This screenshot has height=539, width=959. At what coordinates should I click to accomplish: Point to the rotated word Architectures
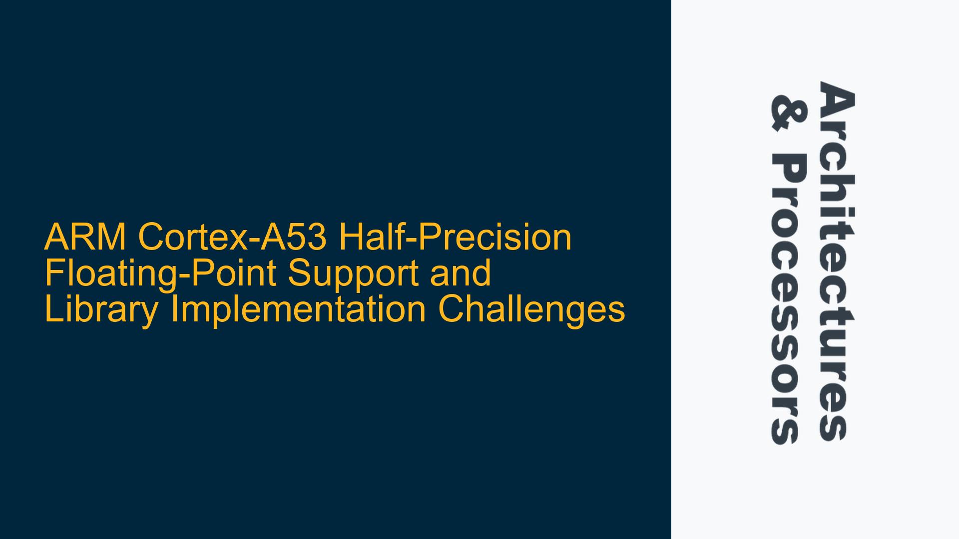[836, 261]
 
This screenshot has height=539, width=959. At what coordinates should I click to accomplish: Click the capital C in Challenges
[450, 309]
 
